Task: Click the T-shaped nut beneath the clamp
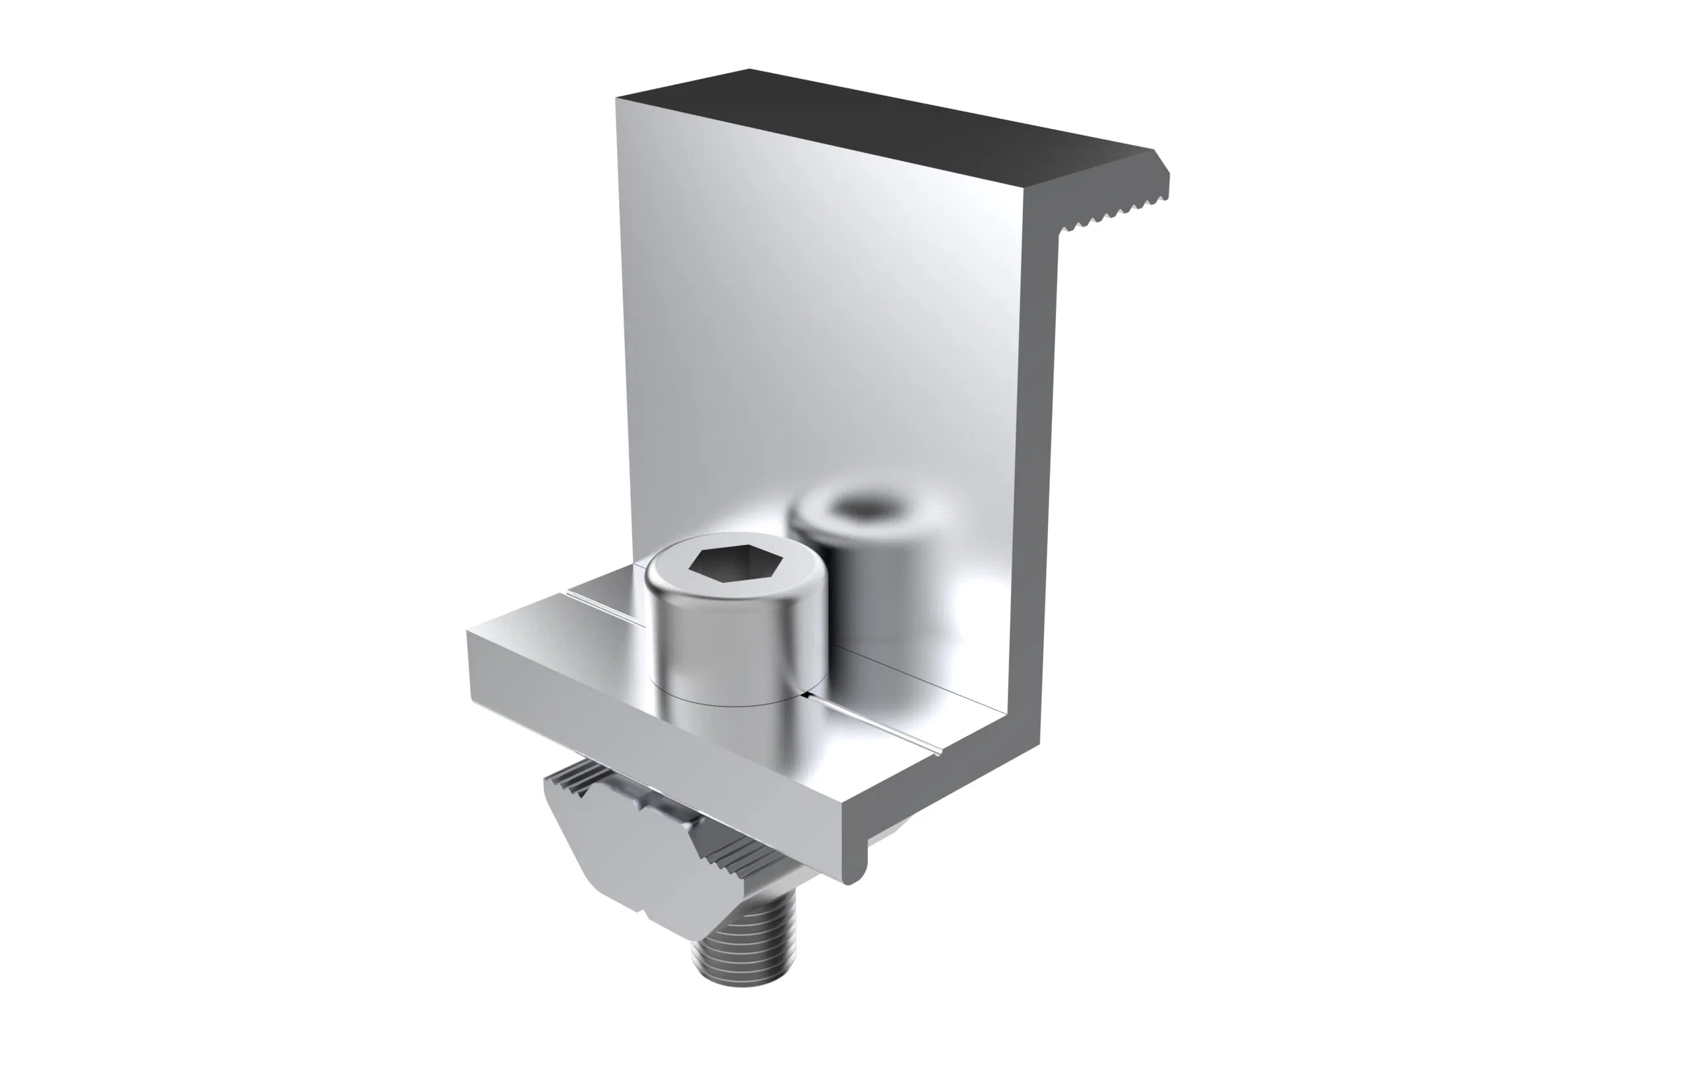624,843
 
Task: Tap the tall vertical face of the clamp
815,319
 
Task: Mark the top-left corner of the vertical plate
619,101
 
